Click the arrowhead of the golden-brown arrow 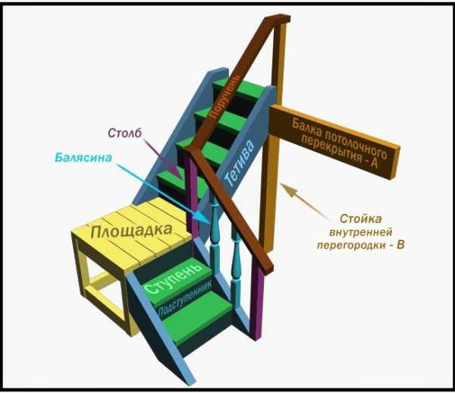tap(281, 184)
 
